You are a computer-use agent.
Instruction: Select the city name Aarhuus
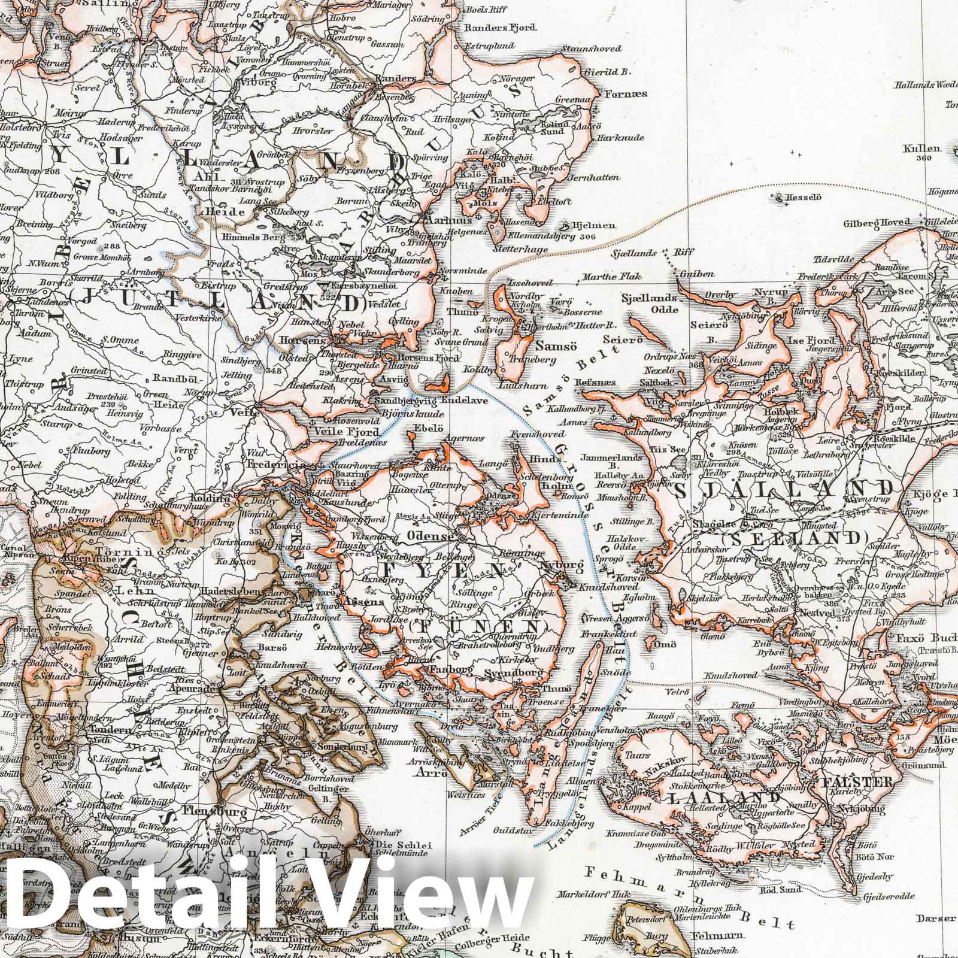tap(441, 220)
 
